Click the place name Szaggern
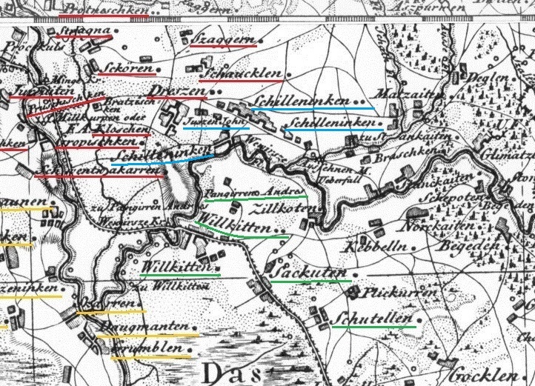tap(223, 39)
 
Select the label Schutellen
tap(373, 319)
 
